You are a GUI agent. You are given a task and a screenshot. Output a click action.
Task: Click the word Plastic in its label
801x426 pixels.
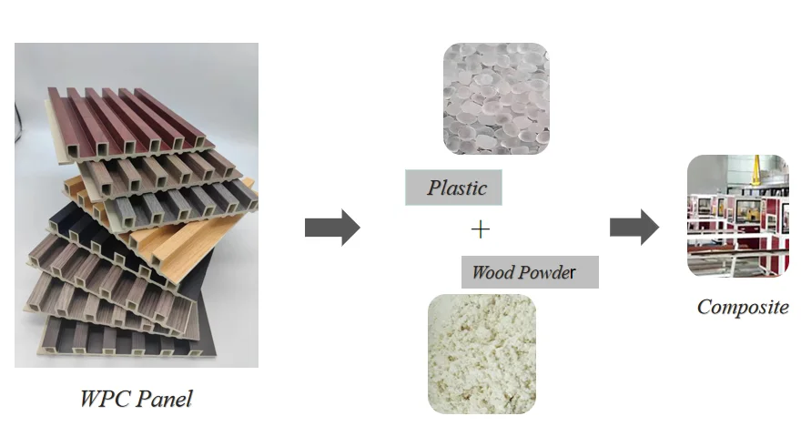point(457,189)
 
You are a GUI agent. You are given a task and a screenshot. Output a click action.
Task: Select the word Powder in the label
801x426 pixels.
point(547,272)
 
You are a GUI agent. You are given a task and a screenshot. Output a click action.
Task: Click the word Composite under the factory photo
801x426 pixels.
point(743,307)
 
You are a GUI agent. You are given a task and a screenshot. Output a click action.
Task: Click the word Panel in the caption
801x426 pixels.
point(166,398)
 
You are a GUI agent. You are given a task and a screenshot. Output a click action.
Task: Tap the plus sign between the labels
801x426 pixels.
point(480,229)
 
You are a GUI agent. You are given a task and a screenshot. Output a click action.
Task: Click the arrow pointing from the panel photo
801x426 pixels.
point(331,227)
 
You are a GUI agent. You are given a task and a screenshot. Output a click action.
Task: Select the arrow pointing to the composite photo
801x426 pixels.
point(634,226)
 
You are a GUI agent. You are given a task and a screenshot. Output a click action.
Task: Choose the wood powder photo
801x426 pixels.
point(482,353)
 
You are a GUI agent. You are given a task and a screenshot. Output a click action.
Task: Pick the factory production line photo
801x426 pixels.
point(737,216)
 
